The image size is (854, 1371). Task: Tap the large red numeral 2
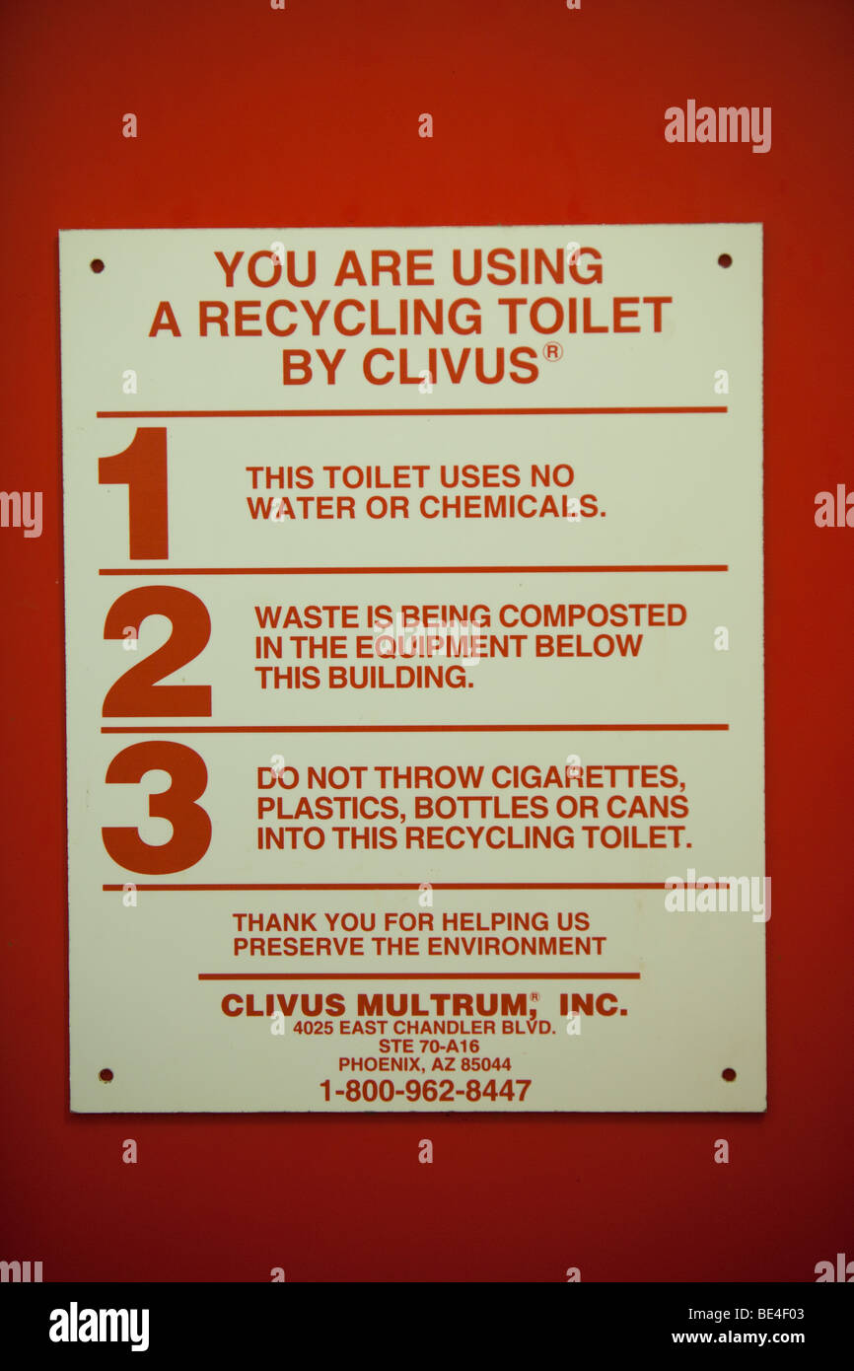click(x=157, y=652)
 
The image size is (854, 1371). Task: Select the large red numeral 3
click(x=157, y=808)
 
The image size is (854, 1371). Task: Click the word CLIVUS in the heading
click(x=453, y=366)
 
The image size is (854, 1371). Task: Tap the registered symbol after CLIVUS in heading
click(x=552, y=351)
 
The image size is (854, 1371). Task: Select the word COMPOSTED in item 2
click(x=592, y=615)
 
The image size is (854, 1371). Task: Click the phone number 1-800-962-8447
click(x=424, y=1090)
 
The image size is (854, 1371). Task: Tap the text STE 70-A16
click(x=428, y=1046)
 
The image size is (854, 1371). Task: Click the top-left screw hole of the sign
click(x=97, y=265)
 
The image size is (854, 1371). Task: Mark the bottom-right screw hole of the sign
click(x=728, y=1074)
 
